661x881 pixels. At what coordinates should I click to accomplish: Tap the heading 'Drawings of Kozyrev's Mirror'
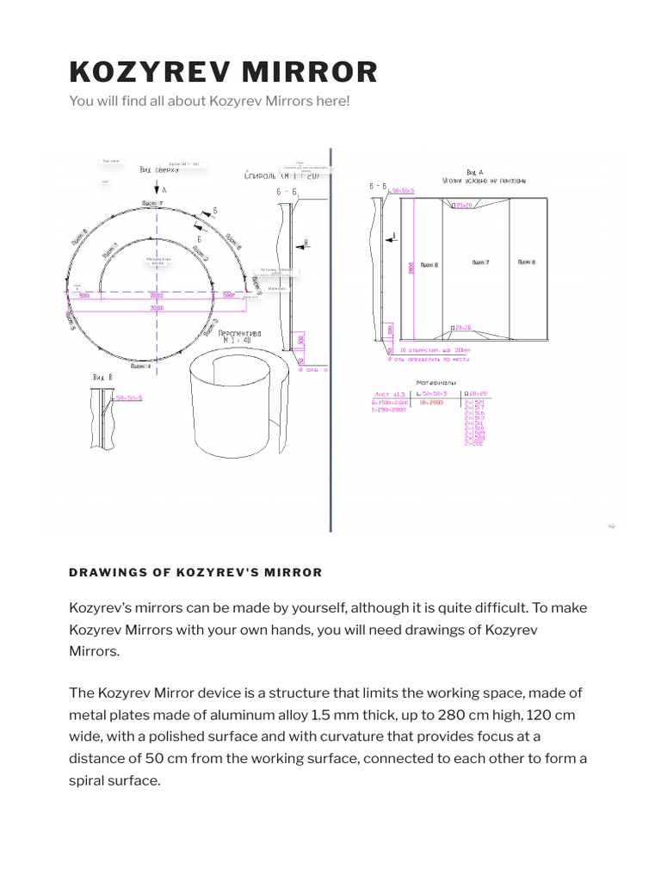(195, 572)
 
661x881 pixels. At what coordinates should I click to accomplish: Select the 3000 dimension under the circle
(156, 306)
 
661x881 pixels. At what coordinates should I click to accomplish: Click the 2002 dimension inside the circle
(156, 295)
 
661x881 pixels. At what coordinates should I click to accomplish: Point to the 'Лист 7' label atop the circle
(152, 204)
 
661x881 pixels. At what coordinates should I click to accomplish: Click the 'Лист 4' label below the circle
(140, 367)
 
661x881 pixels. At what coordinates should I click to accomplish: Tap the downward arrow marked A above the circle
(156, 188)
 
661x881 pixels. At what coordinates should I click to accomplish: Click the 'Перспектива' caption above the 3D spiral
(239, 332)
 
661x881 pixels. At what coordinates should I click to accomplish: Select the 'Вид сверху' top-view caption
(159, 170)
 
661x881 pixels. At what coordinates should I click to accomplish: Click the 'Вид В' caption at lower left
(102, 377)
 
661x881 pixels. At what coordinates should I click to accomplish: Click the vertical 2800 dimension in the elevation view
(410, 267)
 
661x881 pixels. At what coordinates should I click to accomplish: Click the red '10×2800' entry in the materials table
(430, 402)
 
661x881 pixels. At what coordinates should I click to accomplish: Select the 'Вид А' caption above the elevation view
(474, 173)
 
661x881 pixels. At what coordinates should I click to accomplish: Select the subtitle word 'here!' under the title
(332, 102)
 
